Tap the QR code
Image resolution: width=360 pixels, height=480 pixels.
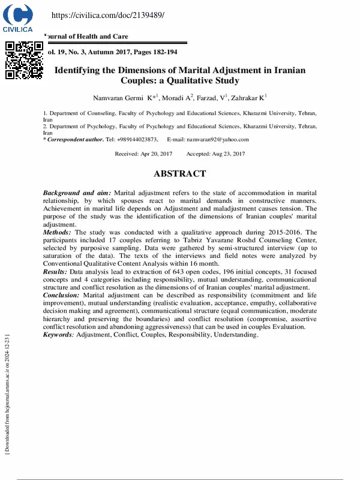tap(24, 60)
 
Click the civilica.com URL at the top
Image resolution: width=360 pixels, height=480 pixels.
tap(108, 15)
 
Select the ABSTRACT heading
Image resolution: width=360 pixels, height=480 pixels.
tap(180, 174)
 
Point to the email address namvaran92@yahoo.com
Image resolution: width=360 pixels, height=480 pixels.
tap(217, 139)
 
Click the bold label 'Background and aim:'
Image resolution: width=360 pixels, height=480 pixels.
tap(77, 192)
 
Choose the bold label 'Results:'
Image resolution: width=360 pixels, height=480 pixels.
tap(56, 272)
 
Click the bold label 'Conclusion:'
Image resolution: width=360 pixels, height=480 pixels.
tap(62, 295)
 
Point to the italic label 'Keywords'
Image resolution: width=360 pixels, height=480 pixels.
tap(58, 335)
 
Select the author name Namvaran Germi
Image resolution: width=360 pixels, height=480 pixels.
tap(118, 98)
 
